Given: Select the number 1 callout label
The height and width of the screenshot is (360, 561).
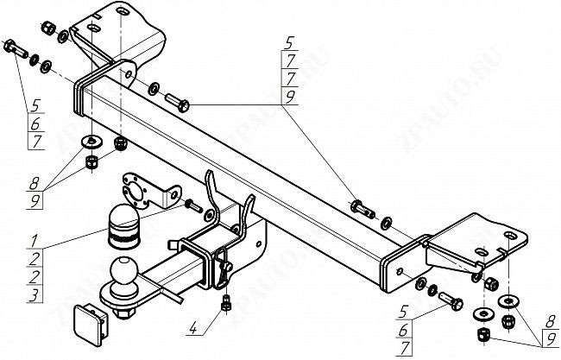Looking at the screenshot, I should click(x=32, y=237).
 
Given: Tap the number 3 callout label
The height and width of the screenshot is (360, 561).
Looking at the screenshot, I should click(x=32, y=294).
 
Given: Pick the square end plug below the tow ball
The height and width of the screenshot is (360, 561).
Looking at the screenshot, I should click(x=89, y=322).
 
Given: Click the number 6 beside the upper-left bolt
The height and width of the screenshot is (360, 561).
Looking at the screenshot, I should click(x=35, y=124).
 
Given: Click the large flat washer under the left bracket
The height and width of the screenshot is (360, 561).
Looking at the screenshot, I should click(x=91, y=142).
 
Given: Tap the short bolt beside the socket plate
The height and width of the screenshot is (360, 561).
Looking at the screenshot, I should click(x=192, y=205).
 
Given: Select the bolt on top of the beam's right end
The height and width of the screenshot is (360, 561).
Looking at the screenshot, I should click(x=360, y=207).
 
